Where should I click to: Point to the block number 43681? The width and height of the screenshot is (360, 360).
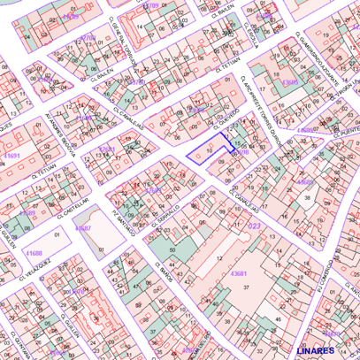(239, 274)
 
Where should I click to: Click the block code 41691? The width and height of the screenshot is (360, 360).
(11, 156)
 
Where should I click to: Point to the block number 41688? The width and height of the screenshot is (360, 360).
(34, 253)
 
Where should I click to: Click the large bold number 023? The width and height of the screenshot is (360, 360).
(254, 227)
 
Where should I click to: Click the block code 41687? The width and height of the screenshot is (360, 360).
(83, 228)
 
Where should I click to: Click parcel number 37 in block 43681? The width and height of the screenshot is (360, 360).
(246, 287)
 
